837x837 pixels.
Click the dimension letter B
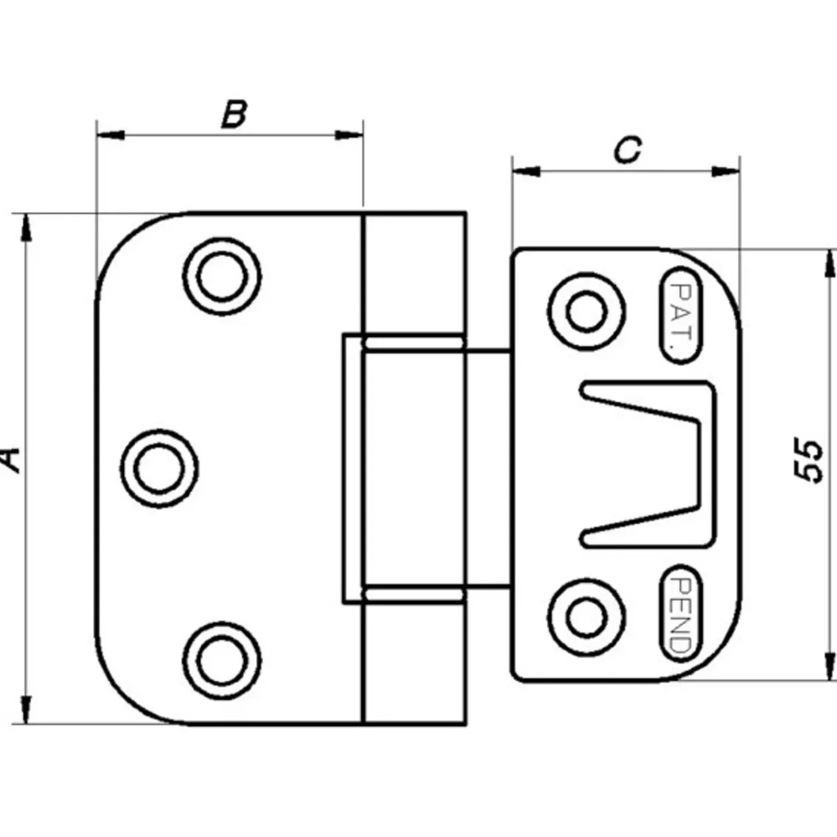(234, 114)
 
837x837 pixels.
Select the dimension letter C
(628, 150)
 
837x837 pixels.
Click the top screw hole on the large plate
(222, 277)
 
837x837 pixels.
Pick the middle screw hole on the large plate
(160, 469)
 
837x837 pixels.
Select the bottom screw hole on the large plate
(222, 660)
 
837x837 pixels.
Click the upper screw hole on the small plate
(586, 311)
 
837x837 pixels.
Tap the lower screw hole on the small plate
(586, 617)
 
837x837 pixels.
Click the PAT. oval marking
(681, 315)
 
